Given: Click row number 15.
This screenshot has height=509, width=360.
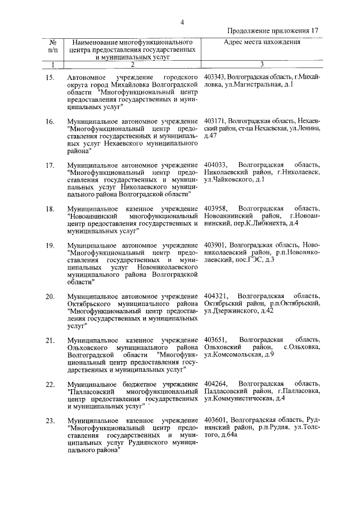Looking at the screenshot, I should point(50,76).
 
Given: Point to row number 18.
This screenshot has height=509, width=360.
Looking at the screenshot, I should point(50,209).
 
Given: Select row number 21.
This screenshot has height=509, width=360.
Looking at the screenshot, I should point(50,340).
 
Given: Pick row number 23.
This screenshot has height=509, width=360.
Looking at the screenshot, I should point(50,420).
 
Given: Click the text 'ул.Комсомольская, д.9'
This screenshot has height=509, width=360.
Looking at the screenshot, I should point(239,355).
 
